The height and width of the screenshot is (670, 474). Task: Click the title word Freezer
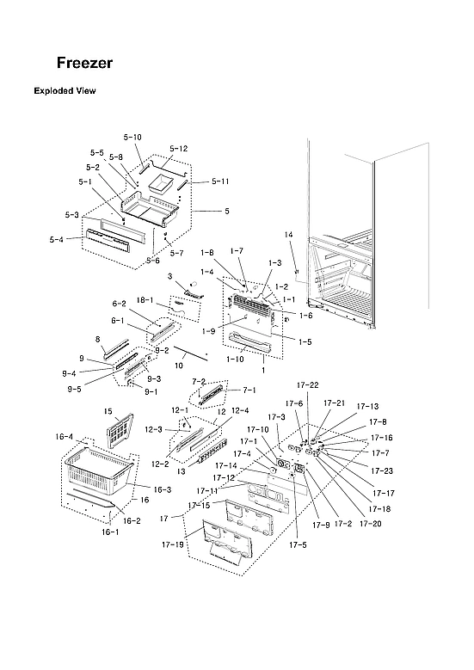[x=84, y=64]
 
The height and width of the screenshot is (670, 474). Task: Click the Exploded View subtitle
[x=65, y=90]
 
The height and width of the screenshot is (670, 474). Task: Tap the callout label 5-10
[x=132, y=138]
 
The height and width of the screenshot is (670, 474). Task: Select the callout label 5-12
[x=178, y=149]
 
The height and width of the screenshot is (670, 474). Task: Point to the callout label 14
[x=288, y=235]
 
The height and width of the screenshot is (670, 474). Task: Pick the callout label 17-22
[x=308, y=384]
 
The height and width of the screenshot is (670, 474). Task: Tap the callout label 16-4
[x=65, y=437]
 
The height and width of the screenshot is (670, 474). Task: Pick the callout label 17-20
[x=372, y=524]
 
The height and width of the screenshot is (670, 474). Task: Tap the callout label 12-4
[x=240, y=410]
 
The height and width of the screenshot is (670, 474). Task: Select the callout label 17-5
[x=298, y=545]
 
